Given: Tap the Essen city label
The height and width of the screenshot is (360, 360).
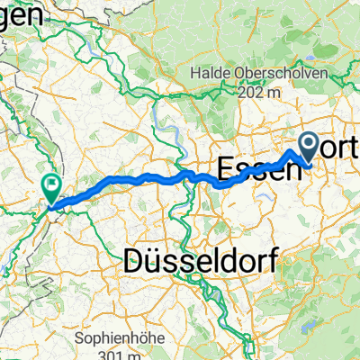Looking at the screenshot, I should [257, 166].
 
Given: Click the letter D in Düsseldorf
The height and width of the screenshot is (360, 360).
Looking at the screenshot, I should [134, 265].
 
